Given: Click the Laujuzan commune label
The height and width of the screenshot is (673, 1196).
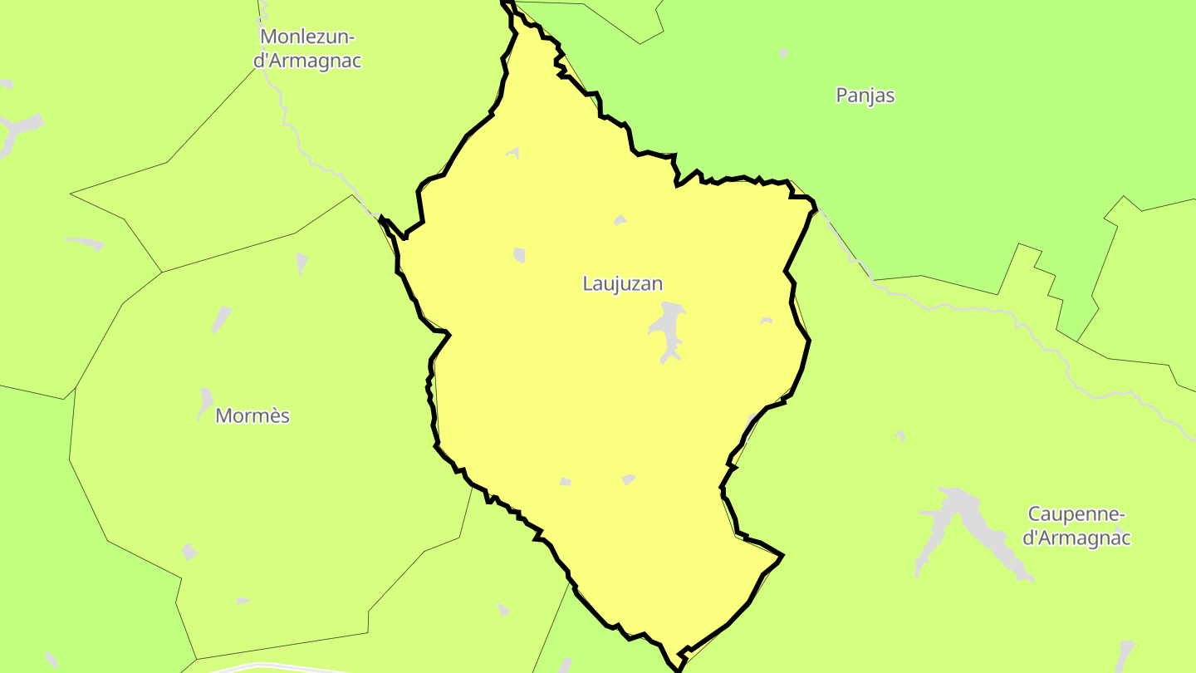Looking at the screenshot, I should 622,284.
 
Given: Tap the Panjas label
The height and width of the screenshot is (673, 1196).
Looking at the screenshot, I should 865,96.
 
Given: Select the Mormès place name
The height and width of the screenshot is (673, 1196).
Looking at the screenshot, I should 252,415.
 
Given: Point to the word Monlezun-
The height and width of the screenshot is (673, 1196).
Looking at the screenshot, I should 307,37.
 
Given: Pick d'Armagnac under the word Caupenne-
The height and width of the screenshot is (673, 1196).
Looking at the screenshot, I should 1076,538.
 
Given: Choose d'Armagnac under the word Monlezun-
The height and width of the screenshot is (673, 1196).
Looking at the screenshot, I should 307,61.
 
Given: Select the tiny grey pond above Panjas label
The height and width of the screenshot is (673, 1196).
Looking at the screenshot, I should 783,53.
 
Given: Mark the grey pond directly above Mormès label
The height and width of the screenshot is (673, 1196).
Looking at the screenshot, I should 205,400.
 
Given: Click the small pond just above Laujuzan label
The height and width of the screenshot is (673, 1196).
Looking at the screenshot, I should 620,220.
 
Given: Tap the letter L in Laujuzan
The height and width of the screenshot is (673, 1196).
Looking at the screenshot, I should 587,284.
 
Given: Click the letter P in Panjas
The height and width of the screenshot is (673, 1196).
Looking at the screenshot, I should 841,96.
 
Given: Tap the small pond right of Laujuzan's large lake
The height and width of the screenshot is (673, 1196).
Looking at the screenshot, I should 766,321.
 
